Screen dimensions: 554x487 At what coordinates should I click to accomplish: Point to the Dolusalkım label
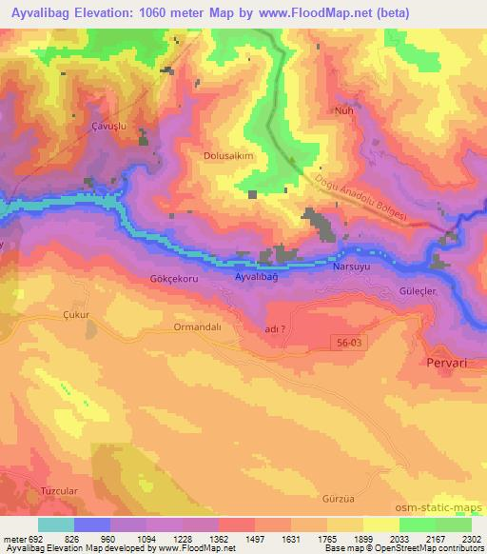[x=228, y=155]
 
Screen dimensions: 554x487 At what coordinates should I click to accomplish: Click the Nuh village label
[x=344, y=109]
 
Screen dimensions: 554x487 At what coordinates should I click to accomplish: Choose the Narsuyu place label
[x=350, y=269]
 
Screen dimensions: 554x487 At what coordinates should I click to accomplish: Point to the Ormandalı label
[x=196, y=326]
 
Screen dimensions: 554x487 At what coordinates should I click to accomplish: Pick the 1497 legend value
[x=255, y=539]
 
